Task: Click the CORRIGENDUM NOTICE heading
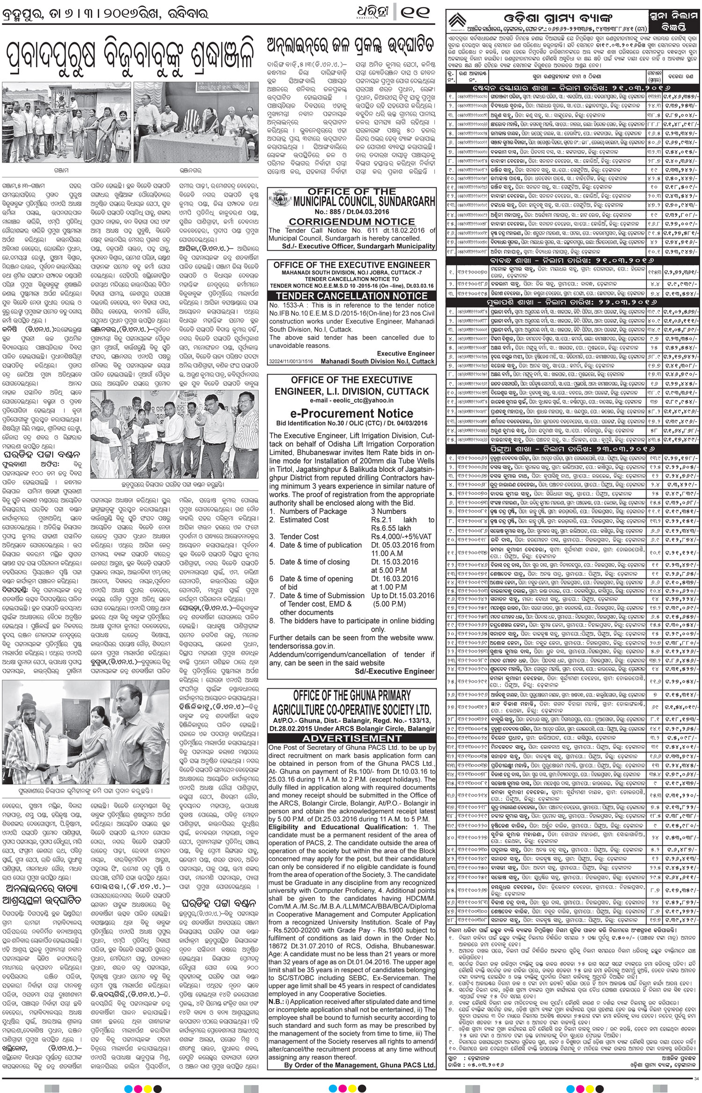coord(352,221)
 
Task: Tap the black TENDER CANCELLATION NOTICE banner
coord(352,296)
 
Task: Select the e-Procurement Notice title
coord(352,413)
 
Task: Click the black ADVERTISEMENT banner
coord(352,738)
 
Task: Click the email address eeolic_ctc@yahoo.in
coord(352,401)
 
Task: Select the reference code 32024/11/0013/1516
coord(291,361)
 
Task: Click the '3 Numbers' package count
coord(388,511)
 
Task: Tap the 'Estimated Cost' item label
coord(302,520)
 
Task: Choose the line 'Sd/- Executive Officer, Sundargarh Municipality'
coord(352,246)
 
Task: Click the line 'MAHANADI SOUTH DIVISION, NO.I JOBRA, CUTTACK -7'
coord(352,272)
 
